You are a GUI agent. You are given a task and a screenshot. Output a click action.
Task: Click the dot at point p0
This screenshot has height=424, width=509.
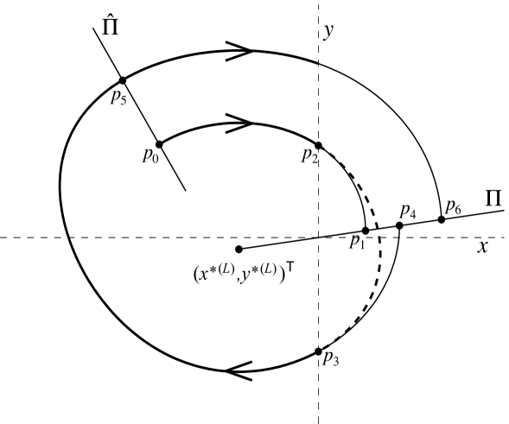pos(159,143)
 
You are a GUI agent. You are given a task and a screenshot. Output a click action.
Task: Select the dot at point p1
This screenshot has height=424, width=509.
pos(366,231)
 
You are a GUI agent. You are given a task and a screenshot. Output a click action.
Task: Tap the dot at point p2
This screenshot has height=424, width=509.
pos(319,145)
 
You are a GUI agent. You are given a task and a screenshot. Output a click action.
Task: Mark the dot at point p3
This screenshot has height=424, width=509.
pos(319,351)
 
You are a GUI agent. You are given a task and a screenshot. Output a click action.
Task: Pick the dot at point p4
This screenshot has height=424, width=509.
pos(399,225)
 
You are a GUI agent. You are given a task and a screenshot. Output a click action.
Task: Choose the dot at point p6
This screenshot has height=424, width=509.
pos(442,219)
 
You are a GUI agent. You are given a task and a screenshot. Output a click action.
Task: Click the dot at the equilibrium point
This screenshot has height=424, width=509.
pos(239,250)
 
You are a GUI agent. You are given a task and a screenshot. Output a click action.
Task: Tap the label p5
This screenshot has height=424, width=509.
pos(118,97)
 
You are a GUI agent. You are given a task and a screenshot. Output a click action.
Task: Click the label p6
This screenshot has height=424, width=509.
pos(453,206)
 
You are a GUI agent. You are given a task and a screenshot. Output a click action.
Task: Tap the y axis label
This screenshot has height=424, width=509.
pos(328,32)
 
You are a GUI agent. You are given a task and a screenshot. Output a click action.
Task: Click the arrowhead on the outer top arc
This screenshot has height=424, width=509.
pos(244,51)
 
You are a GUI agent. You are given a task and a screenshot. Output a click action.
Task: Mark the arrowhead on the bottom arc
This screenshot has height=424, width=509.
pos(237,370)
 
